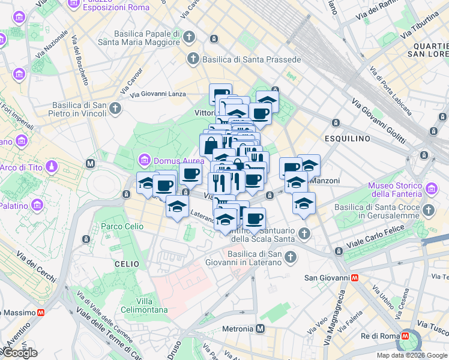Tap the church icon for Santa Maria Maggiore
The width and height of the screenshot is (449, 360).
189,37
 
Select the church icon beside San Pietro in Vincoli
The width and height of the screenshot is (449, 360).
115,109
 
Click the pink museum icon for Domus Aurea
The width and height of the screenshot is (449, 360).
144,161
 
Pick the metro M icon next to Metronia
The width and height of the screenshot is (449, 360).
261,329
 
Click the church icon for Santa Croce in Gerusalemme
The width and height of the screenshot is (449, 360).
429,211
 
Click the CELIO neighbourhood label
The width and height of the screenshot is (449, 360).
127,264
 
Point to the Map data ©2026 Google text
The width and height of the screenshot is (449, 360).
411,355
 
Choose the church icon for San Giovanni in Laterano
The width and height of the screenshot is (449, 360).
291,257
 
